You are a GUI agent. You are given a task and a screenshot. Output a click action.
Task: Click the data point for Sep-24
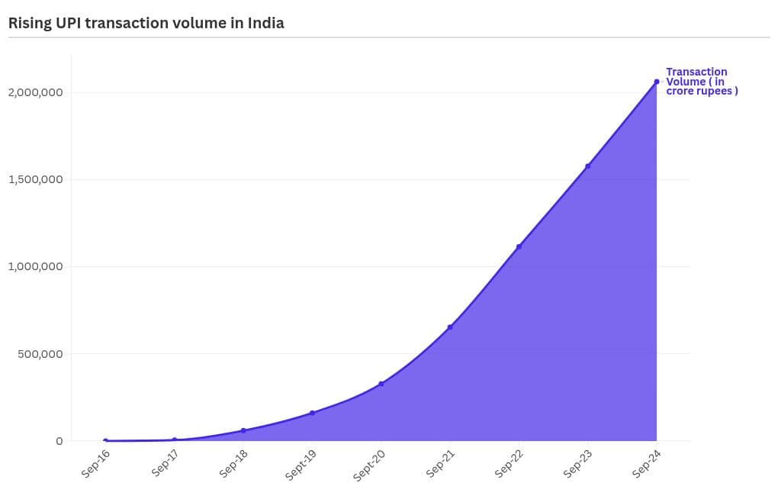click(656, 82)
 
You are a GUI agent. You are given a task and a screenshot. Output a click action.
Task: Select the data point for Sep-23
click(587, 166)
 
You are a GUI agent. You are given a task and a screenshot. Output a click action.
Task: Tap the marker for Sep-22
click(519, 246)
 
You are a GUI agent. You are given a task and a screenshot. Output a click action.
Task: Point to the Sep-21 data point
click(450, 327)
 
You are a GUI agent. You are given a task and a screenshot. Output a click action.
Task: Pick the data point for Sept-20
click(381, 384)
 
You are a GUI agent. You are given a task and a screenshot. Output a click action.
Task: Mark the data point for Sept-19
click(312, 413)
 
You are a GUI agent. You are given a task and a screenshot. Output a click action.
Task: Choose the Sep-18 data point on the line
click(243, 430)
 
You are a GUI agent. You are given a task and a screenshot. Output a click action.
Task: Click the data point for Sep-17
click(175, 440)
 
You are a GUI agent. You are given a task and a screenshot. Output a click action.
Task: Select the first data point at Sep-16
click(105, 441)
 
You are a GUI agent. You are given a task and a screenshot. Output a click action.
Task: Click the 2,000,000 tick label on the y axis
click(35, 92)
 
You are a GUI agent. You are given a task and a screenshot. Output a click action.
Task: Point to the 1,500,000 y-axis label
click(35, 179)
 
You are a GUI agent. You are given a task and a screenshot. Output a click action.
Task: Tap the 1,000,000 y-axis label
click(35, 266)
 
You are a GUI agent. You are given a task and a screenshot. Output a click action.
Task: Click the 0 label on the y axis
click(58, 441)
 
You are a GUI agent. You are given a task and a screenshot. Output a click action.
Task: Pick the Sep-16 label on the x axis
click(96, 463)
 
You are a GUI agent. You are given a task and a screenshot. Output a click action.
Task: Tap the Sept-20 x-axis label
click(369, 465)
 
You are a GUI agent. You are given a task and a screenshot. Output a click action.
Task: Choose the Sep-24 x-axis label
click(647, 463)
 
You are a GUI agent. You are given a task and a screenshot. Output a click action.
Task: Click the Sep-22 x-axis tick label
click(510, 463)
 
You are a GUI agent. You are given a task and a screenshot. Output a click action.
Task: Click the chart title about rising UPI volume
click(146, 23)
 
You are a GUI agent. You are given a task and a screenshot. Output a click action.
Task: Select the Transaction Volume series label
click(701, 82)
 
